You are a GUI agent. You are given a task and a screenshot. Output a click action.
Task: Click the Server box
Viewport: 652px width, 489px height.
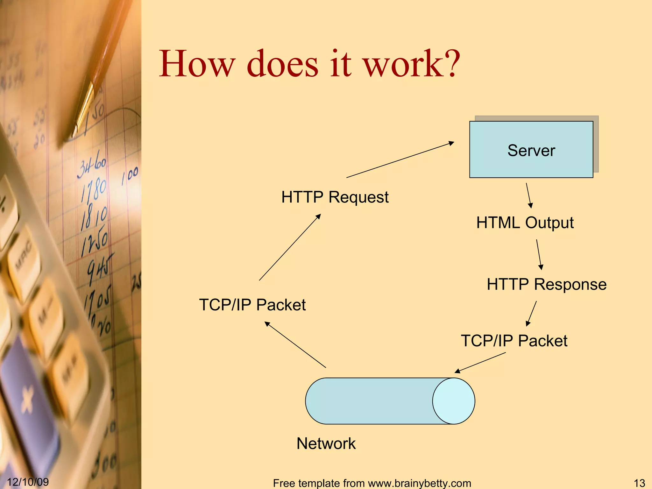tap(531, 150)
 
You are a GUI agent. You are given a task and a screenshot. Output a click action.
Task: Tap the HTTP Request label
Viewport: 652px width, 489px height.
tap(335, 197)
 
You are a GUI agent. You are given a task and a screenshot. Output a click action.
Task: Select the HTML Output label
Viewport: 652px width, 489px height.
tap(525, 223)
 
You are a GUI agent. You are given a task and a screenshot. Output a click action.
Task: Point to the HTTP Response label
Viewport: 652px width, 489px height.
tap(547, 284)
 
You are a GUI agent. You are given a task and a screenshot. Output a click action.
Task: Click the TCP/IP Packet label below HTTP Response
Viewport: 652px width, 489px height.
tap(514, 341)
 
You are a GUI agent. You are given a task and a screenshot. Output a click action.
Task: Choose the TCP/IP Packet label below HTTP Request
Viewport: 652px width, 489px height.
tap(252, 305)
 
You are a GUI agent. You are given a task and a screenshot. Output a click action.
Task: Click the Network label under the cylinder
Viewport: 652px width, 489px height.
tap(326, 443)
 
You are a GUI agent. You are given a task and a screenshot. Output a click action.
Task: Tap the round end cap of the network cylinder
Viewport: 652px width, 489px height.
tap(453, 401)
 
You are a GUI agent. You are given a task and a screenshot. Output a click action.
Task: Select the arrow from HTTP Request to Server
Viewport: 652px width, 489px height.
tap(400, 160)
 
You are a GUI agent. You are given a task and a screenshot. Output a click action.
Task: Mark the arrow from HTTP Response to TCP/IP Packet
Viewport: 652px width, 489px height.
tap(532, 314)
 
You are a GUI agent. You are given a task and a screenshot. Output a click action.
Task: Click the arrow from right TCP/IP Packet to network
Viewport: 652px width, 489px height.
tap(480, 363)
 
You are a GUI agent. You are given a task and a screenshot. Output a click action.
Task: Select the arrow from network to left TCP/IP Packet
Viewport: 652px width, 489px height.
tap(295, 345)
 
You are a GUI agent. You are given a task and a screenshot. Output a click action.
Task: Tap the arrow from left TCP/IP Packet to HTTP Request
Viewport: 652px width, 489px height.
tap(290, 247)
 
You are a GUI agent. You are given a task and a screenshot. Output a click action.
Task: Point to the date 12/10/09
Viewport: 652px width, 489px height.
tap(28, 482)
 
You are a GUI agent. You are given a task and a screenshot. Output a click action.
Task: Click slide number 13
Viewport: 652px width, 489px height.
tap(639, 483)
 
